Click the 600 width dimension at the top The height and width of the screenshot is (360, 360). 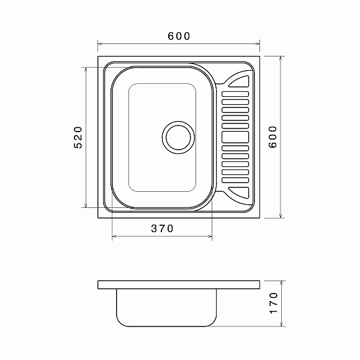pos(179,36)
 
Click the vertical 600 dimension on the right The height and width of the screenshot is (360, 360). pos(273,137)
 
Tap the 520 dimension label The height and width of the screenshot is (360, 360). pos(78,137)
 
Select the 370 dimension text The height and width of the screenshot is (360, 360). pos(162,228)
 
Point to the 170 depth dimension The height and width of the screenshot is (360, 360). pos(273,303)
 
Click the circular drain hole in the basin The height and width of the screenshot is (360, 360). pos(178,138)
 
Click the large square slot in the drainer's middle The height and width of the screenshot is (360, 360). pos(235,137)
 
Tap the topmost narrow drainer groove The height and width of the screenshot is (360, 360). pos(235,94)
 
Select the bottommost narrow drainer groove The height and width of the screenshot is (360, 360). pos(235,180)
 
